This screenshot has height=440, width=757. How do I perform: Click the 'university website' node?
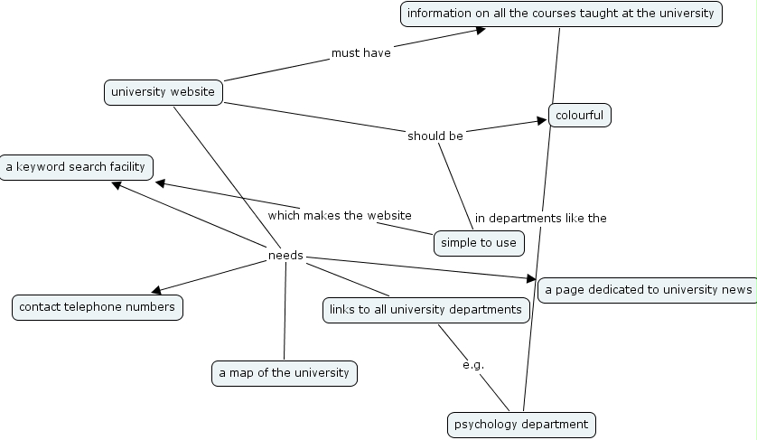click(x=163, y=92)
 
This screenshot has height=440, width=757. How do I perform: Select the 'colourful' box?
click(x=579, y=116)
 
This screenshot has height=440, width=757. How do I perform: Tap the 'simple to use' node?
click(x=479, y=242)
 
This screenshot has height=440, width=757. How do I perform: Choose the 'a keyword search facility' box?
click(x=75, y=167)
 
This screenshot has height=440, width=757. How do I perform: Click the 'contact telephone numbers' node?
click(x=98, y=307)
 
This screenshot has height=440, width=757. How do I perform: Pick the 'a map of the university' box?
click(x=285, y=373)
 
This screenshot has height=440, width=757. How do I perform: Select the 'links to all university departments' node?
click(x=425, y=310)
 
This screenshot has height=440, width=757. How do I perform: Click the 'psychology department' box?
click(x=521, y=424)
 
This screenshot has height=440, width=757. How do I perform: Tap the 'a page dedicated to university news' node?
click(x=647, y=289)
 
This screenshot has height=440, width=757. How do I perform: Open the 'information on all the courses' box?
click(x=561, y=14)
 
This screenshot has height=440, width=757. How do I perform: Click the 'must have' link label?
click(x=361, y=53)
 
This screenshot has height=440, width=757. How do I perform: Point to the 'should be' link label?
click(x=435, y=136)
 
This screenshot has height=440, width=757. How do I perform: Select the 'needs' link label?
click(x=285, y=256)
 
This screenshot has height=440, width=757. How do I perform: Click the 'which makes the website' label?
click(x=340, y=215)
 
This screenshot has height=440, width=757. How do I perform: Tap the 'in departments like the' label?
click(x=541, y=218)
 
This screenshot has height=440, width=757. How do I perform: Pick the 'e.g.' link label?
click(x=473, y=365)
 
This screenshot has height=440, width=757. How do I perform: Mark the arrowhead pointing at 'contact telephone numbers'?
click(x=157, y=290)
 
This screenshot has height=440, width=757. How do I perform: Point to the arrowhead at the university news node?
click(x=530, y=278)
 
